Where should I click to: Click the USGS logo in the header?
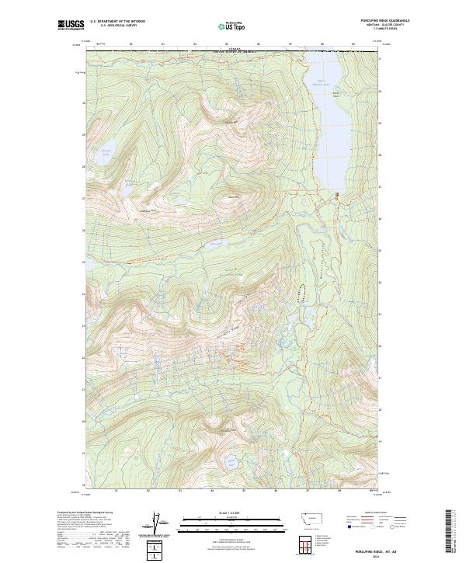[72, 26]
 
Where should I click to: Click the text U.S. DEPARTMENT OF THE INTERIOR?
[117, 22]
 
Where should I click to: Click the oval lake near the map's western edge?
[103, 153]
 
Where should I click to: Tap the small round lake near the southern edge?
[230, 463]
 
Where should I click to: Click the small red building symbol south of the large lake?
[337, 194]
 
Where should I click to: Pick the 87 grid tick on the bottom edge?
[308, 491]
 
